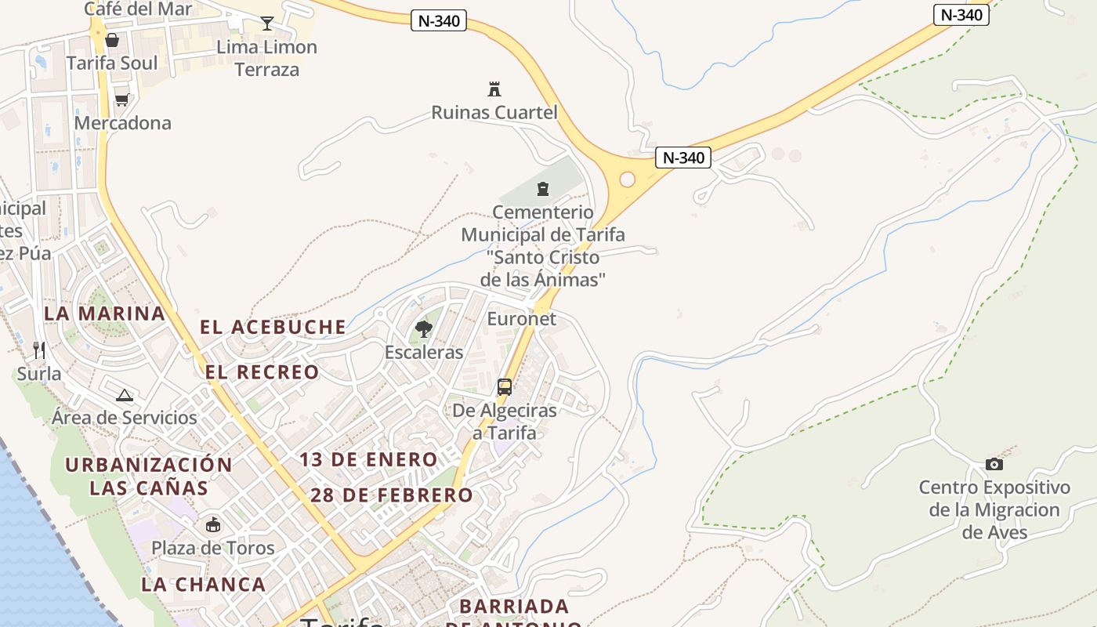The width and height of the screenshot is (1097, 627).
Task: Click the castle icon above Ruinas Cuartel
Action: coord(494,89)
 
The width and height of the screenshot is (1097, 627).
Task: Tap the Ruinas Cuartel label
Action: coord(494,113)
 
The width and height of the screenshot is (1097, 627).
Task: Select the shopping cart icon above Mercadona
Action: coord(121,100)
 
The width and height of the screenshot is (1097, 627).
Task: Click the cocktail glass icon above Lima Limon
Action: coord(267,24)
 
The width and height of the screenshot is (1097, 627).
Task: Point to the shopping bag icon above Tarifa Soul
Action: coord(112,40)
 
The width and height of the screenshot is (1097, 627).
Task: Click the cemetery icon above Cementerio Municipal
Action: coord(542,188)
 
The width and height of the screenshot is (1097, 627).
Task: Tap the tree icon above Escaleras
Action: coord(424,328)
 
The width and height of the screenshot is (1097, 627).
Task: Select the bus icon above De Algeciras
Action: coord(505,386)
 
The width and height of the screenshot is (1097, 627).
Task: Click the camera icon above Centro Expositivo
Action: coord(994,464)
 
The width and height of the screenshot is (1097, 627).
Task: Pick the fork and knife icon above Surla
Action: coord(39,350)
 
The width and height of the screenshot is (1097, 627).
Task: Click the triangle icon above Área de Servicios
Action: coord(124,395)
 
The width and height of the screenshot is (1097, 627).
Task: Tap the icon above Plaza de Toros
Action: coord(212,524)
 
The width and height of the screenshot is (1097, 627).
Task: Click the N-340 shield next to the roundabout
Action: coord(683,158)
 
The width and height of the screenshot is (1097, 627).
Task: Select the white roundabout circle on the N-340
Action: coord(627,179)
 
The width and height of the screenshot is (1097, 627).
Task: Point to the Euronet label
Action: coord(521,319)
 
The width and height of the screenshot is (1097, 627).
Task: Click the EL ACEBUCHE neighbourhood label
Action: coord(273,327)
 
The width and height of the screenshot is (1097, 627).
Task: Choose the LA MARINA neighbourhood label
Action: coord(104,313)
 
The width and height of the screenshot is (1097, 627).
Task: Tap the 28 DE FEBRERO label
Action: coord(392,495)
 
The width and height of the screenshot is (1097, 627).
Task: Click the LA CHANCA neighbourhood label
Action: coord(204,584)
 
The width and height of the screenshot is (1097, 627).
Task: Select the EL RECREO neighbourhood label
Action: coord(262,371)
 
